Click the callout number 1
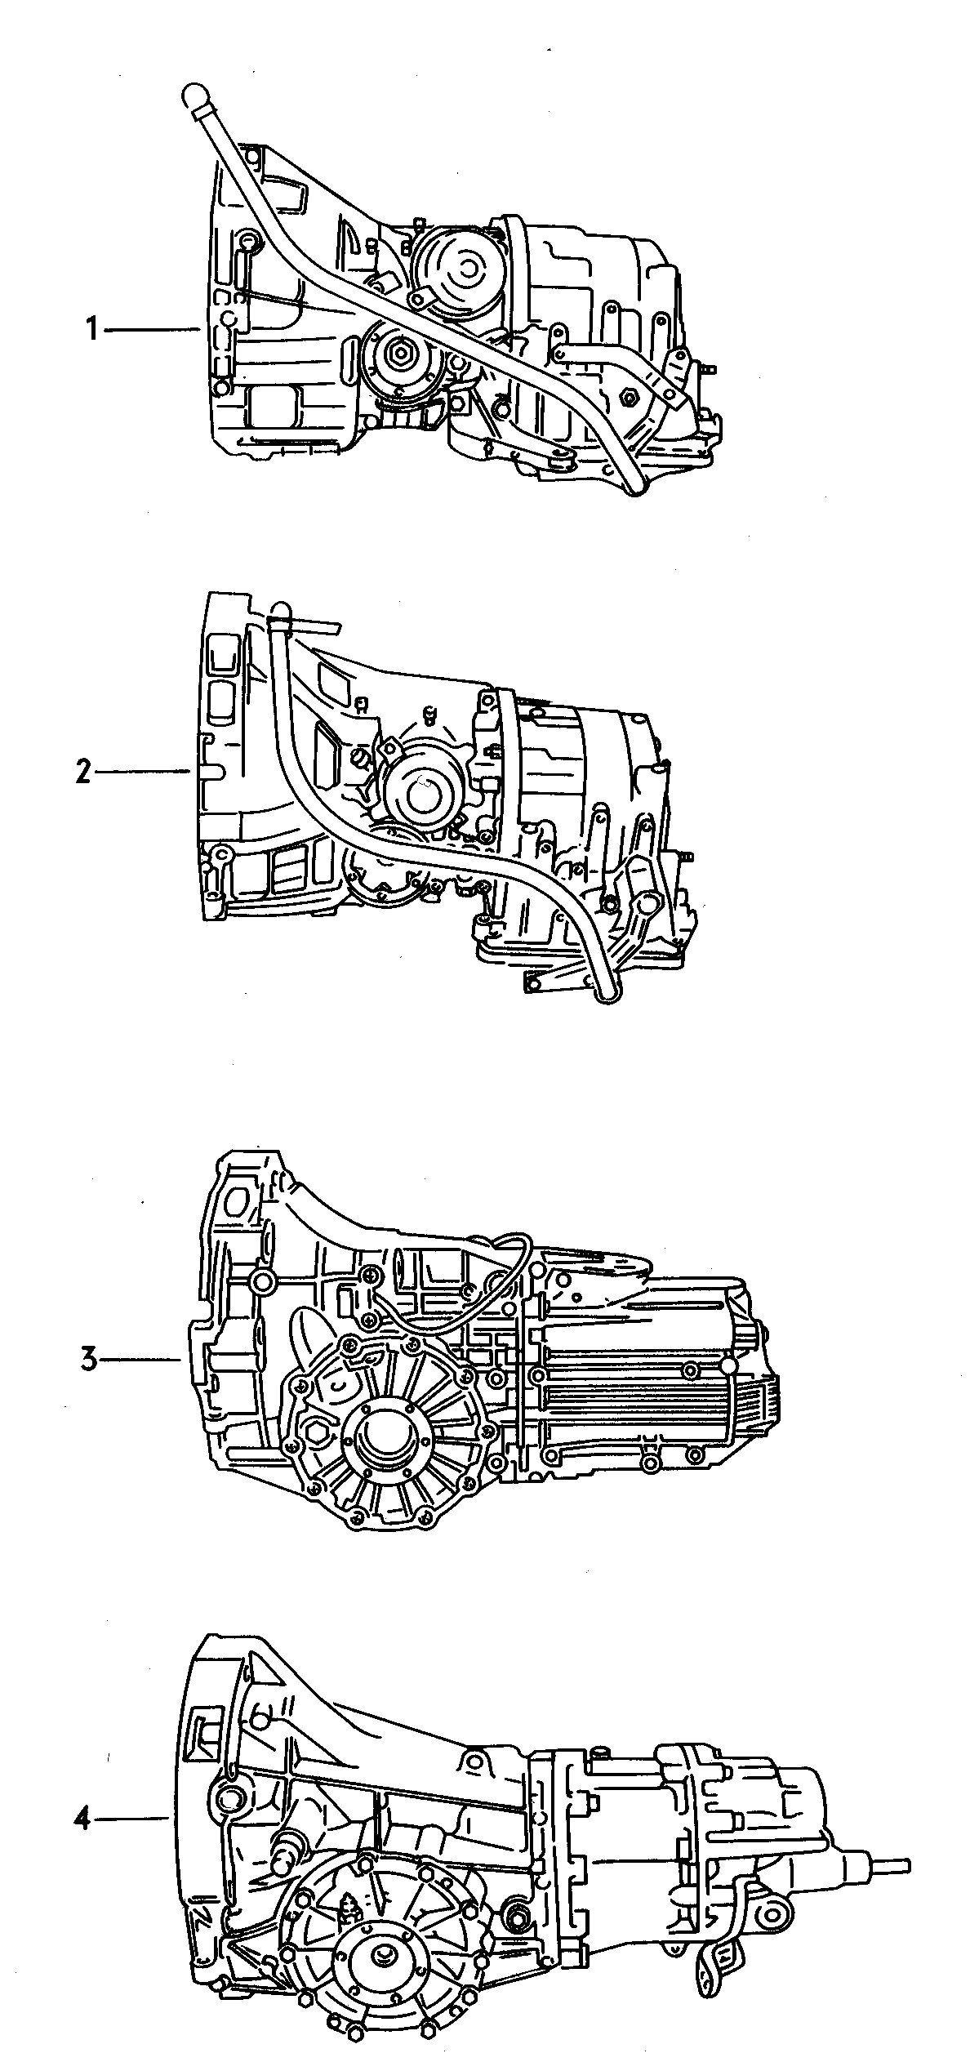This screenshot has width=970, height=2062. (x=91, y=330)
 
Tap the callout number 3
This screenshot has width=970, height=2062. (x=89, y=1360)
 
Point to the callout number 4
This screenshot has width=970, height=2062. (x=81, y=1818)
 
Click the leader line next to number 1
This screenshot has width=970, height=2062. (x=153, y=329)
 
